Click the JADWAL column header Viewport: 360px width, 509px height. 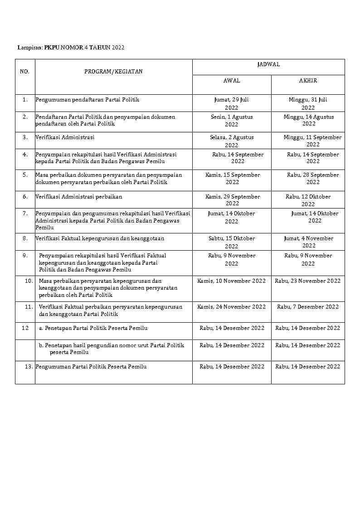268,64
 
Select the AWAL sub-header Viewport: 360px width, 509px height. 232,81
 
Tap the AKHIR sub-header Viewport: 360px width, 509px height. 308,81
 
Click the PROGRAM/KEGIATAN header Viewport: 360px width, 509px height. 113,72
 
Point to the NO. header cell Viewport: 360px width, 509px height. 24,72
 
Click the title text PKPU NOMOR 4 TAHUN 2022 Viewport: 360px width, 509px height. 84,47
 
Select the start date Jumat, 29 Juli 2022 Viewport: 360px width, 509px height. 232,103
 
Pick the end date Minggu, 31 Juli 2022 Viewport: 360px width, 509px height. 308,103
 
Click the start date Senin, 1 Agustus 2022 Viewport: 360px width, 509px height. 232,121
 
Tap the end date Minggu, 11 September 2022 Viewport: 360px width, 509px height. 312,141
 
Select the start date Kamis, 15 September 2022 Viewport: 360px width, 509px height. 232,179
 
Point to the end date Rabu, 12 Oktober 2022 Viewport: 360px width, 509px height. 308,200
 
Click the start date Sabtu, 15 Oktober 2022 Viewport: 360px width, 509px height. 232,242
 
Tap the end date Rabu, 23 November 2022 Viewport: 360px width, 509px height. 307,281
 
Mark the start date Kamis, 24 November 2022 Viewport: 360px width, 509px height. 231,307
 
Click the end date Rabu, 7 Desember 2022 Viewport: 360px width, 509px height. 308,307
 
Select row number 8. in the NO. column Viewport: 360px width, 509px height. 25,238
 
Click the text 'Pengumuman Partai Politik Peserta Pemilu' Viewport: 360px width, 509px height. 91,367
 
